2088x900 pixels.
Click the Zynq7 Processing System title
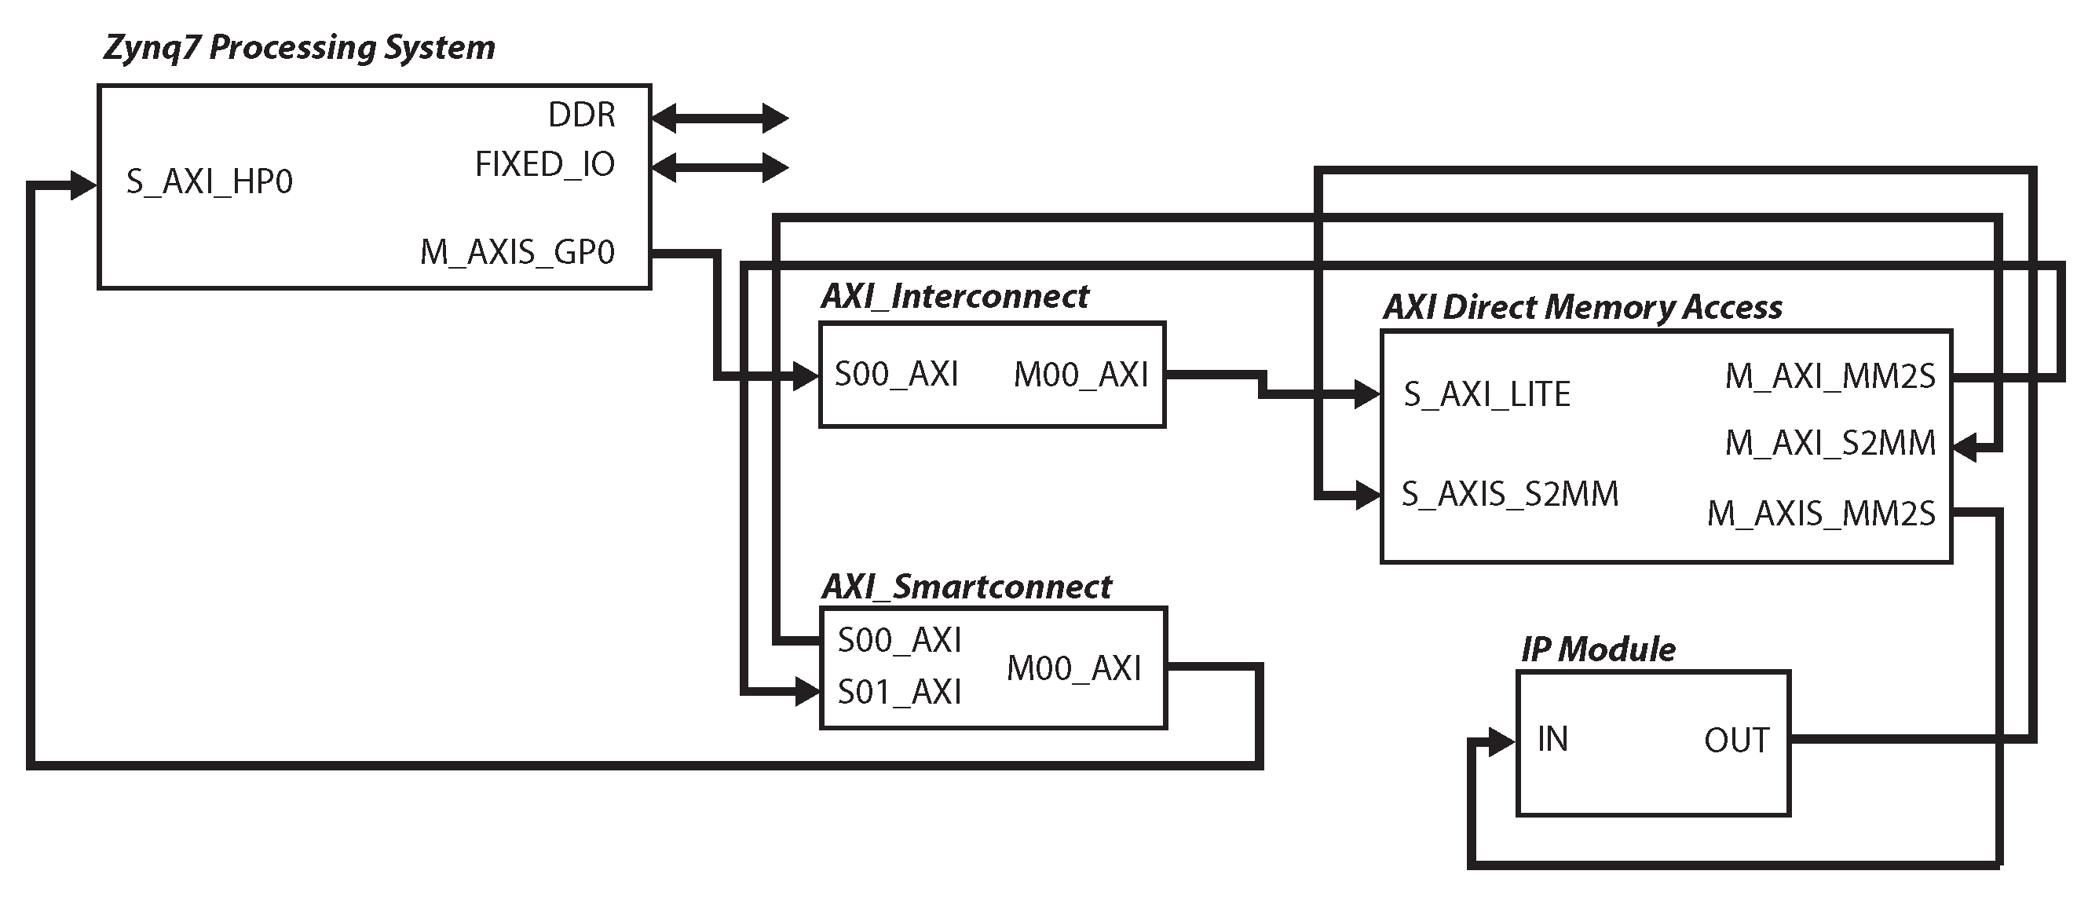[x=299, y=48]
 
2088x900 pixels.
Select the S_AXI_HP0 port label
[x=209, y=181]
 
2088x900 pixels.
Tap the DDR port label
[x=581, y=115]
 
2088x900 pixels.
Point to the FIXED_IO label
[x=545, y=165]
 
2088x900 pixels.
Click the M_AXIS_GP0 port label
[x=517, y=252]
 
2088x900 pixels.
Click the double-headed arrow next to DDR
[x=720, y=119]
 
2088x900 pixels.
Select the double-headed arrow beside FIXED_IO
[x=720, y=168]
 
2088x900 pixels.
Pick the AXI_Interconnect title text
[x=955, y=297]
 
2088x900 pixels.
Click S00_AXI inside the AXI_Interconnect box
[x=897, y=375]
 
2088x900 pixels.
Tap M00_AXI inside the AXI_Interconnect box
[x=1081, y=375]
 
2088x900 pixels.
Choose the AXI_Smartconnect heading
[x=966, y=587]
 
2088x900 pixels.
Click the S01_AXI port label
[x=899, y=693]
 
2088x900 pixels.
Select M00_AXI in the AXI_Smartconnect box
[x=1073, y=669]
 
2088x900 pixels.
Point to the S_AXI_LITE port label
[x=1486, y=395]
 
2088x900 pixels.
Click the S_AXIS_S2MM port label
[x=1509, y=494]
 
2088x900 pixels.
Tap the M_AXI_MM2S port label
[x=1830, y=376]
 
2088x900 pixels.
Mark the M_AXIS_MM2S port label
[x=1820, y=514]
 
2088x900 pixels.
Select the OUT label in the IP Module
[x=1736, y=741]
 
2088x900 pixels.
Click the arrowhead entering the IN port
[x=1502, y=741]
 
